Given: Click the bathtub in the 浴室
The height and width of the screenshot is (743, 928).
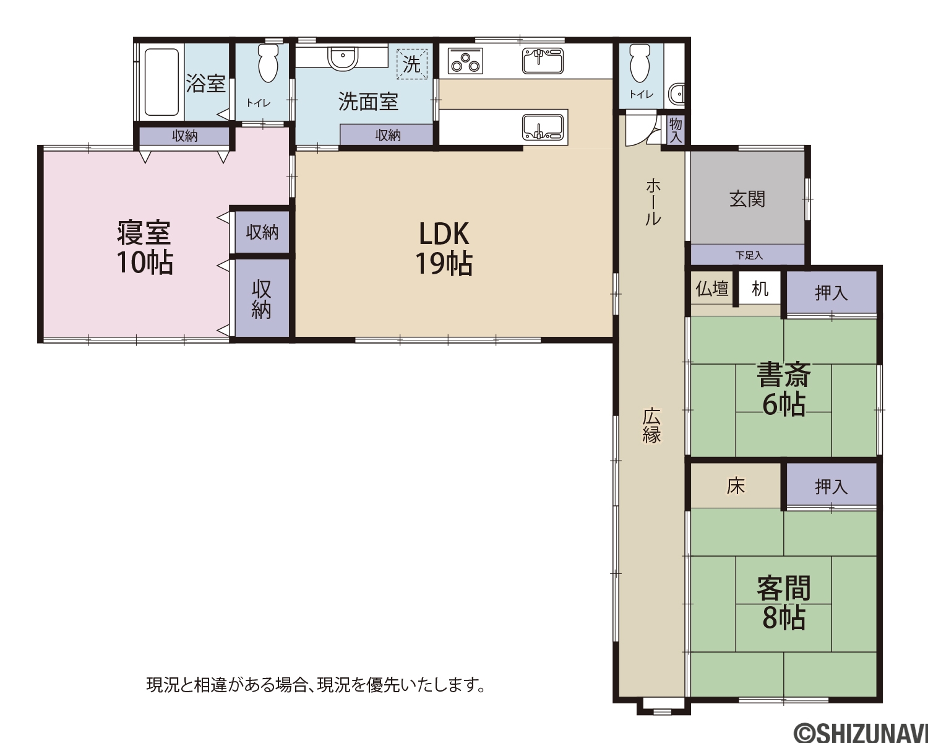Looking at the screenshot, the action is tap(161, 82).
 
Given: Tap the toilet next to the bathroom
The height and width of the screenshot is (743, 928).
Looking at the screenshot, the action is tap(269, 63).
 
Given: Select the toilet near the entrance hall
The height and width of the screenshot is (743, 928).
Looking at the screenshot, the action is tap(640, 63).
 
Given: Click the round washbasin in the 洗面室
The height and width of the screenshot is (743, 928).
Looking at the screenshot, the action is tap(343, 58).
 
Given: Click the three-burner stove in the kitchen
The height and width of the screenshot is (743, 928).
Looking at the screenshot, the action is tap(465, 61).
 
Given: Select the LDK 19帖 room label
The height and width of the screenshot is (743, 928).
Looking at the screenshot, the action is tap(444, 248).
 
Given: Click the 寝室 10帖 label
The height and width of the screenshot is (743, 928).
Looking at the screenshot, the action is tap(145, 248).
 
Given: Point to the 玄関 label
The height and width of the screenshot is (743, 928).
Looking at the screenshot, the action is tap(747, 199).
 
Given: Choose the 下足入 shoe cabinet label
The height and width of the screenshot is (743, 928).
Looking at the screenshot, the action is tap(749, 255).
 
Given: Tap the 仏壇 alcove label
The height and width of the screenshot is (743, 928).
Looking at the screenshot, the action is tap(712, 289).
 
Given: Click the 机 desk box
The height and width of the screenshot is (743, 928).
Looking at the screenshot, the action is tap(760, 288).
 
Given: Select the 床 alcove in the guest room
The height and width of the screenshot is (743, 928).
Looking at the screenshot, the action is tap(736, 485).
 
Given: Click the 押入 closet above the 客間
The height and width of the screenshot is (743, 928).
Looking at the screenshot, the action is tap(831, 485).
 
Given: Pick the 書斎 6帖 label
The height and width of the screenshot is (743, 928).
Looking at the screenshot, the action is tap(783, 389).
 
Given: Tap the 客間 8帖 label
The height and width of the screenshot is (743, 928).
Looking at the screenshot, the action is tap(783, 602).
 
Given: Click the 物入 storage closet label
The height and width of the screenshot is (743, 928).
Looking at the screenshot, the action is tap(676, 130).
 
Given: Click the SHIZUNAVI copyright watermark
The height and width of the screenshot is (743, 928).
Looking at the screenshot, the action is tap(861, 731).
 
